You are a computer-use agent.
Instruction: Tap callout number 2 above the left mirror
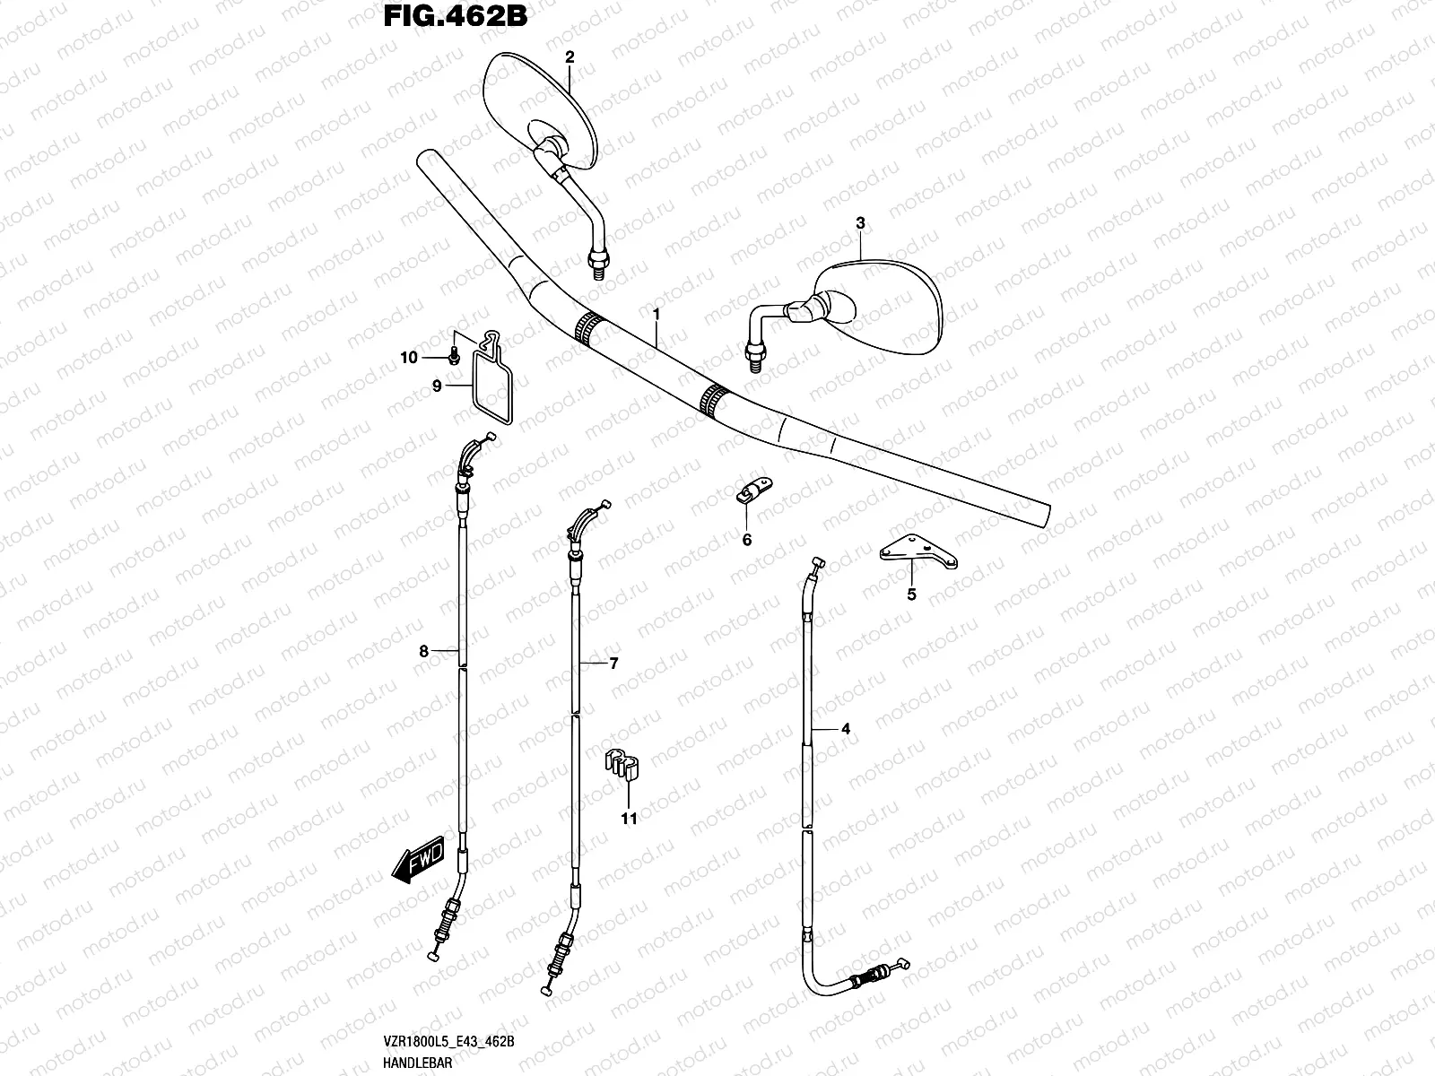coord(569,56)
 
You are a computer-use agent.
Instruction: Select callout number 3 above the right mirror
coord(860,222)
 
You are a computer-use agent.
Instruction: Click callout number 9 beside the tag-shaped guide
coord(437,386)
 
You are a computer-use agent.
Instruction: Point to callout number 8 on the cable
coord(424,652)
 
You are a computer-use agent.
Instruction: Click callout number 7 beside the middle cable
coord(613,664)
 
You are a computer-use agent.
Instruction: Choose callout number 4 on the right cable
coord(845,729)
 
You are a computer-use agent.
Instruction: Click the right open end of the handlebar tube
coord(1045,517)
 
